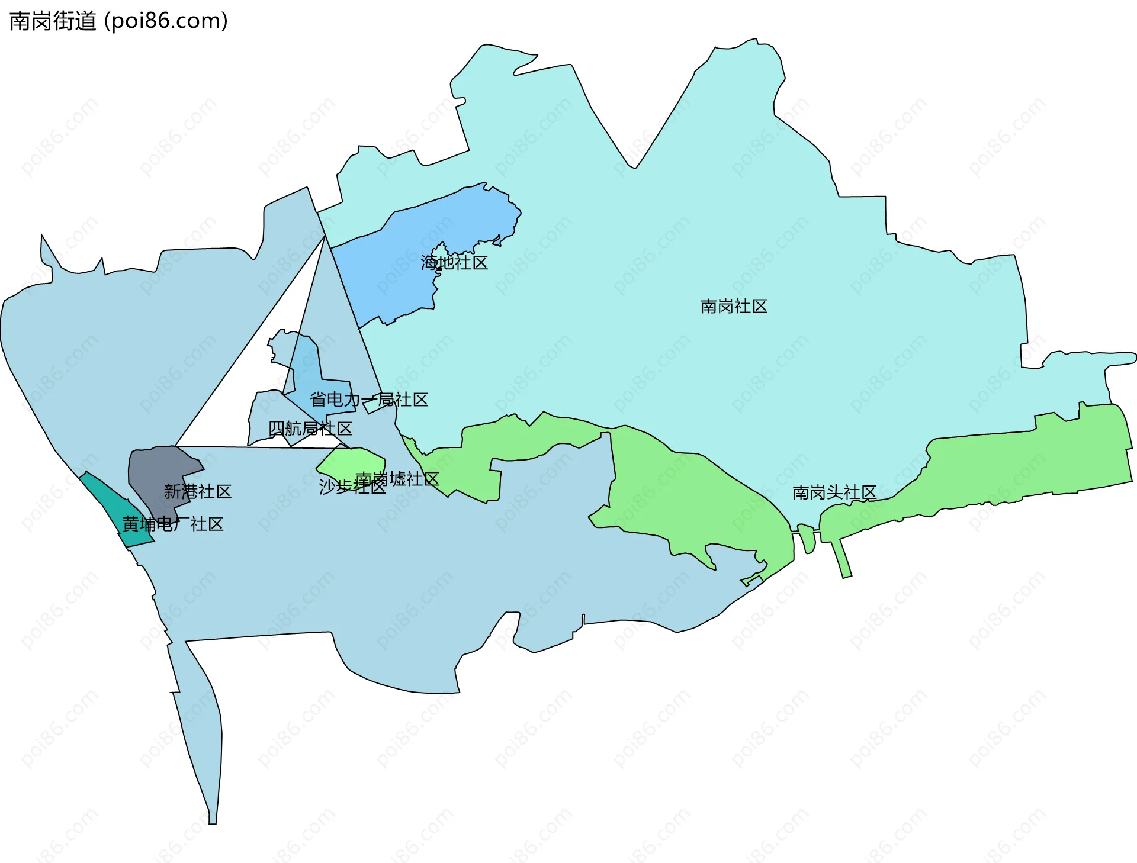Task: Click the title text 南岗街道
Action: point(53,21)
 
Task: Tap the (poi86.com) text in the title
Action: point(166,21)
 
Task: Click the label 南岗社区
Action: point(733,306)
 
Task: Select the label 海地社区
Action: point(454,263)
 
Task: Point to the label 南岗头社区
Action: point(834,492)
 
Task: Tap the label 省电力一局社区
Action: point(368,400)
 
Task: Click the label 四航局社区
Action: point(310,428)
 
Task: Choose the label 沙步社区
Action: point(352,487)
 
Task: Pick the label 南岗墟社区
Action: point(397,478)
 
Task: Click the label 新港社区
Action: point(197,491)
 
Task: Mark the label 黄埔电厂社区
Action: point(172,524)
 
